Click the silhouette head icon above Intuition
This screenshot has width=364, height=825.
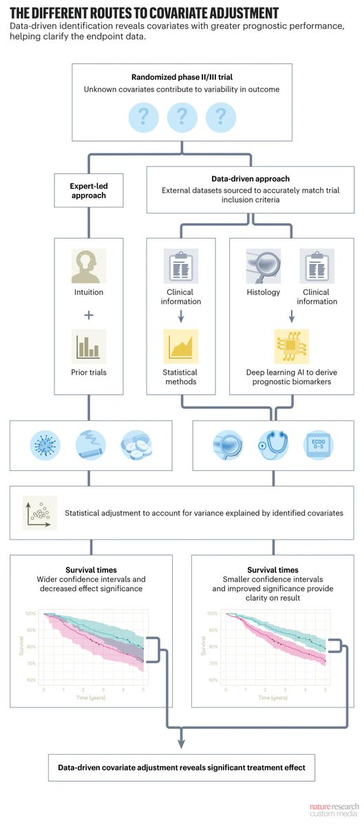[88, 266]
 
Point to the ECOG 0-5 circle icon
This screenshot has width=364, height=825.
[319, 445]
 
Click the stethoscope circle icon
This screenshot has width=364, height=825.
[272, 445]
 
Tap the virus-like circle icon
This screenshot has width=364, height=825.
[46, 445]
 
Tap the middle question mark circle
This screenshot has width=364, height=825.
[182, 116]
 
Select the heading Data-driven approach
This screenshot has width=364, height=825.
[250, 179]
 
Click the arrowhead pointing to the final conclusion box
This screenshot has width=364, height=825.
[182, 743]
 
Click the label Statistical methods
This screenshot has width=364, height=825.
[180, 377]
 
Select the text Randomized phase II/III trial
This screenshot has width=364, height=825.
[182, 77]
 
